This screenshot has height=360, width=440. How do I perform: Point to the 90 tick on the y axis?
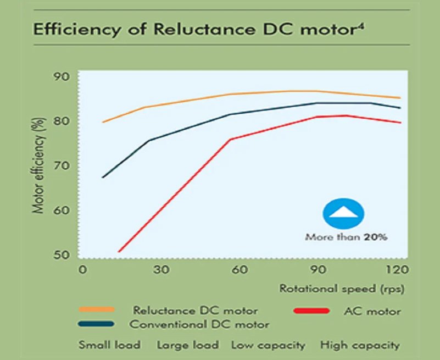tap(62, 76)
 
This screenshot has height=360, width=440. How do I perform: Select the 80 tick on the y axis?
tap(62, 121)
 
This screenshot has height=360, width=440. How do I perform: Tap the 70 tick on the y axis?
tap(62, 165)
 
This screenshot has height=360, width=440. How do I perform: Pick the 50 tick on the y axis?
tap(62, 254)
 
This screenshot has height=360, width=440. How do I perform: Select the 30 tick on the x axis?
tap(160, 270)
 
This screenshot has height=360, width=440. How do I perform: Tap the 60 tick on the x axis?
tap(239, 270)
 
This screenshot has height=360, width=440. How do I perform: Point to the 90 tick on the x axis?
tap(319, 270)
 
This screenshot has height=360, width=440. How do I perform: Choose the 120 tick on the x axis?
tap(396, 270)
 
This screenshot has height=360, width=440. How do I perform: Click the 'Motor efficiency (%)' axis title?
tap(39, 165)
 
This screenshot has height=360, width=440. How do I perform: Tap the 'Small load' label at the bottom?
tap(109, 345)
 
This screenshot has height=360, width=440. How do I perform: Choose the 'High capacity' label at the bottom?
tap(360, 345)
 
